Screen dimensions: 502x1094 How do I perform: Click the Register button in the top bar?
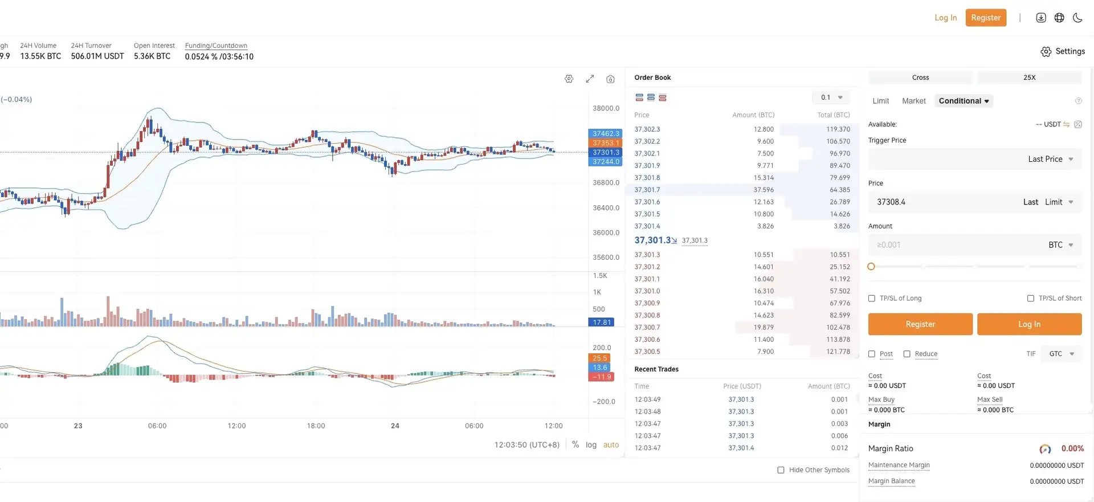click(985, 18)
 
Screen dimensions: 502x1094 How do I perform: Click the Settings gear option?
click(1062, 51)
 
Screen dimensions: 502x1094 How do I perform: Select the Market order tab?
click(913, 101)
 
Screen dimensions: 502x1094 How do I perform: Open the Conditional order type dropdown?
click(964, 101)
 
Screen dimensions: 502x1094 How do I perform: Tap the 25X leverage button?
click(1029, 77)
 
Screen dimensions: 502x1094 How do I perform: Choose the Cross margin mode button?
click(920, 77)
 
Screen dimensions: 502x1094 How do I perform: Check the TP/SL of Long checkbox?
click(872, 299)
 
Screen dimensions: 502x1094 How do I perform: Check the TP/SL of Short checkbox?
click(1031, 299)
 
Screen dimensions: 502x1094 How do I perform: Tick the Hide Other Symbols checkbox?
click(781, 470)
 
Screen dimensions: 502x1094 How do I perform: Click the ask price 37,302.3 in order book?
click(647, 129)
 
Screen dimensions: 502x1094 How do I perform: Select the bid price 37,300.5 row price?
click(647, 352)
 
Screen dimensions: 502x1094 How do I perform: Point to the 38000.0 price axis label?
click(606, 108)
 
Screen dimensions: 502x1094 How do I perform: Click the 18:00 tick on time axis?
click(316, 426)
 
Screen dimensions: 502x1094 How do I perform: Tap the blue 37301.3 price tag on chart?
click(605, 152)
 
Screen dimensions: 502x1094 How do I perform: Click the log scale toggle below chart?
click(591, 445)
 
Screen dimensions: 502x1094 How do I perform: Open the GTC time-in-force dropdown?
click(1061, 354)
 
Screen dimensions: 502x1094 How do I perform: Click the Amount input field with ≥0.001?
click(957, 245)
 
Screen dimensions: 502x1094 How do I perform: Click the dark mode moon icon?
click(1077, 18)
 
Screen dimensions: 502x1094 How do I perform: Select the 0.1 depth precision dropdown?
click(831, 97)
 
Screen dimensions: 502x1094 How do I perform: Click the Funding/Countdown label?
click(216, 46)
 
